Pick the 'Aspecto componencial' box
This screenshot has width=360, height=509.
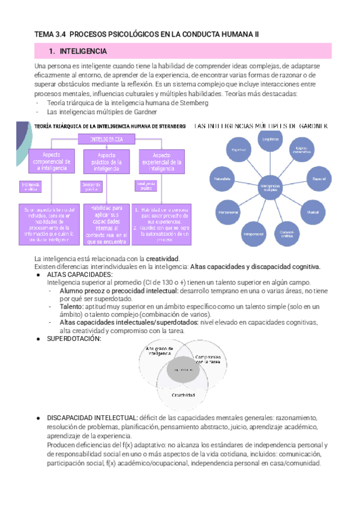(50, 161)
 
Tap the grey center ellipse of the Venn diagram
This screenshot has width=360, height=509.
(183, 372)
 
